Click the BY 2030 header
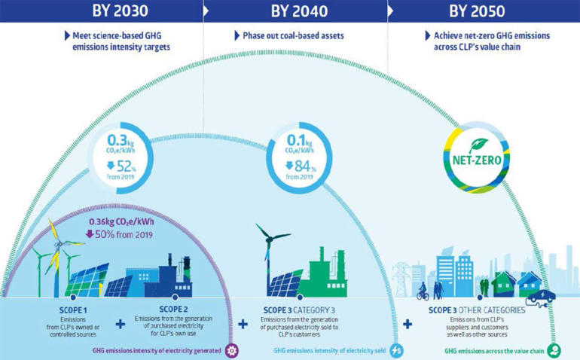coord(121,11)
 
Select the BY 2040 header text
coord(299,11)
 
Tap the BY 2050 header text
coord(477,11)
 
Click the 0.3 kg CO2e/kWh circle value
coord(121,144)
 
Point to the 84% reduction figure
coord(301,166)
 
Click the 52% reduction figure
coord(121,166)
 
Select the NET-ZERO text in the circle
coord(477,160)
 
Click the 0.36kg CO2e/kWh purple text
coord(121,222)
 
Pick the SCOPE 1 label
coord(73,310)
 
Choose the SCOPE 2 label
coord(173,309)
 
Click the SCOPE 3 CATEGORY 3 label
coord(299,310)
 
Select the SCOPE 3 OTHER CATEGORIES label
coord(477,310)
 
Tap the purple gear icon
coord(232,350)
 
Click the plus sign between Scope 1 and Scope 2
coord(121,325)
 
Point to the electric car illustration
coord(540,297)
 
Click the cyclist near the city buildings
coord(423,291)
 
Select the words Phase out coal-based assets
coord(293,35)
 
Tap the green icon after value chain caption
coord(554,350)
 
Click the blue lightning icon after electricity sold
coord(396,350)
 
